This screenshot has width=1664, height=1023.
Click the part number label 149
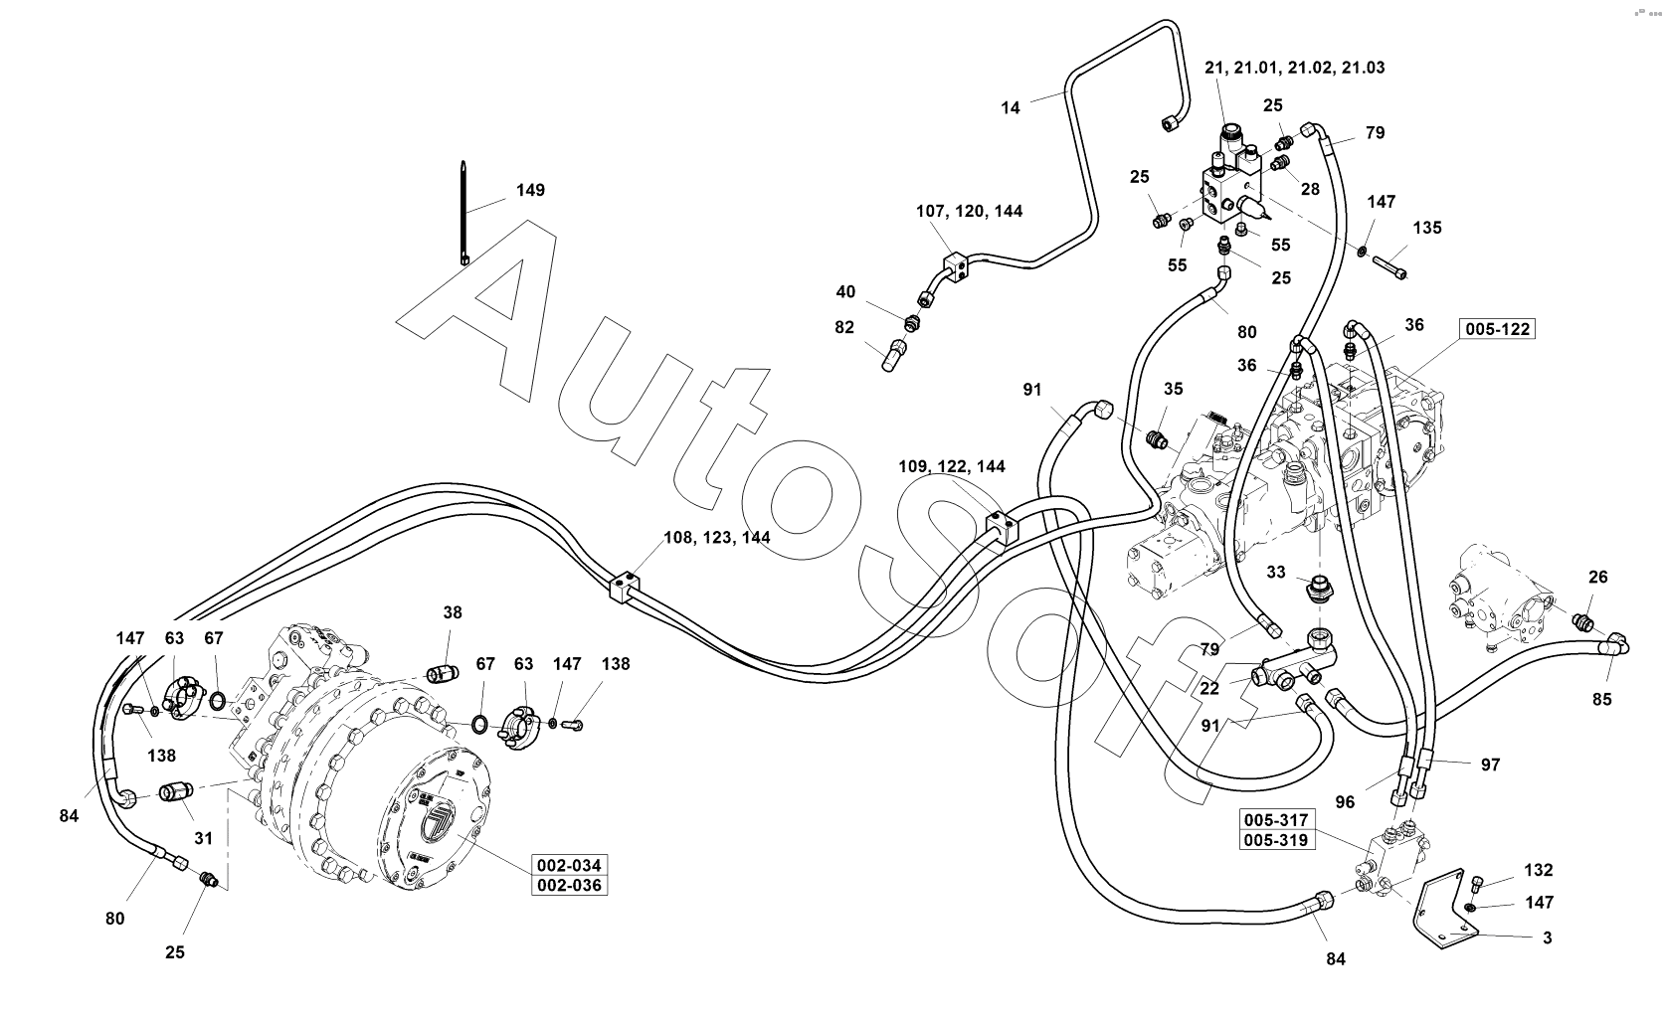point(530,190)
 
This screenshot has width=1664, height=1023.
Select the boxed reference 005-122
point(1496,329)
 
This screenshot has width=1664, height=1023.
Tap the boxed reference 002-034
point(569,865)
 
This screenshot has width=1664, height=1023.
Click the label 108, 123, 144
point(716,538)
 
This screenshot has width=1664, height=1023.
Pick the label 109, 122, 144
point(952,466)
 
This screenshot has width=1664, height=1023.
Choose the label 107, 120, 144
point(969,211)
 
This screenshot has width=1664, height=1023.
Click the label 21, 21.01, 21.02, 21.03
point(1294,68)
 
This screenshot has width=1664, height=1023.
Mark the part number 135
point(1426,228)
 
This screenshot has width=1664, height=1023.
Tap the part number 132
point(1537,871)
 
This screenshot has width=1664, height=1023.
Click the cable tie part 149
point(464,214)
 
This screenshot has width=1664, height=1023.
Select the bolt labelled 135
point(1391,267)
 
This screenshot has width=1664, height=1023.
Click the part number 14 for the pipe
point(1011,108)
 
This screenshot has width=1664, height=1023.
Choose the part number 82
point(844,328)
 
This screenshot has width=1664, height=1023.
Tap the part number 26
point(1597,577)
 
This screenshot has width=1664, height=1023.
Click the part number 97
point(1489,765)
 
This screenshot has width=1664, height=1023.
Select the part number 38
point(453,613)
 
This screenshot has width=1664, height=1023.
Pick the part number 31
point(203,838)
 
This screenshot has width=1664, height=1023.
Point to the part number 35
point(1174,389)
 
